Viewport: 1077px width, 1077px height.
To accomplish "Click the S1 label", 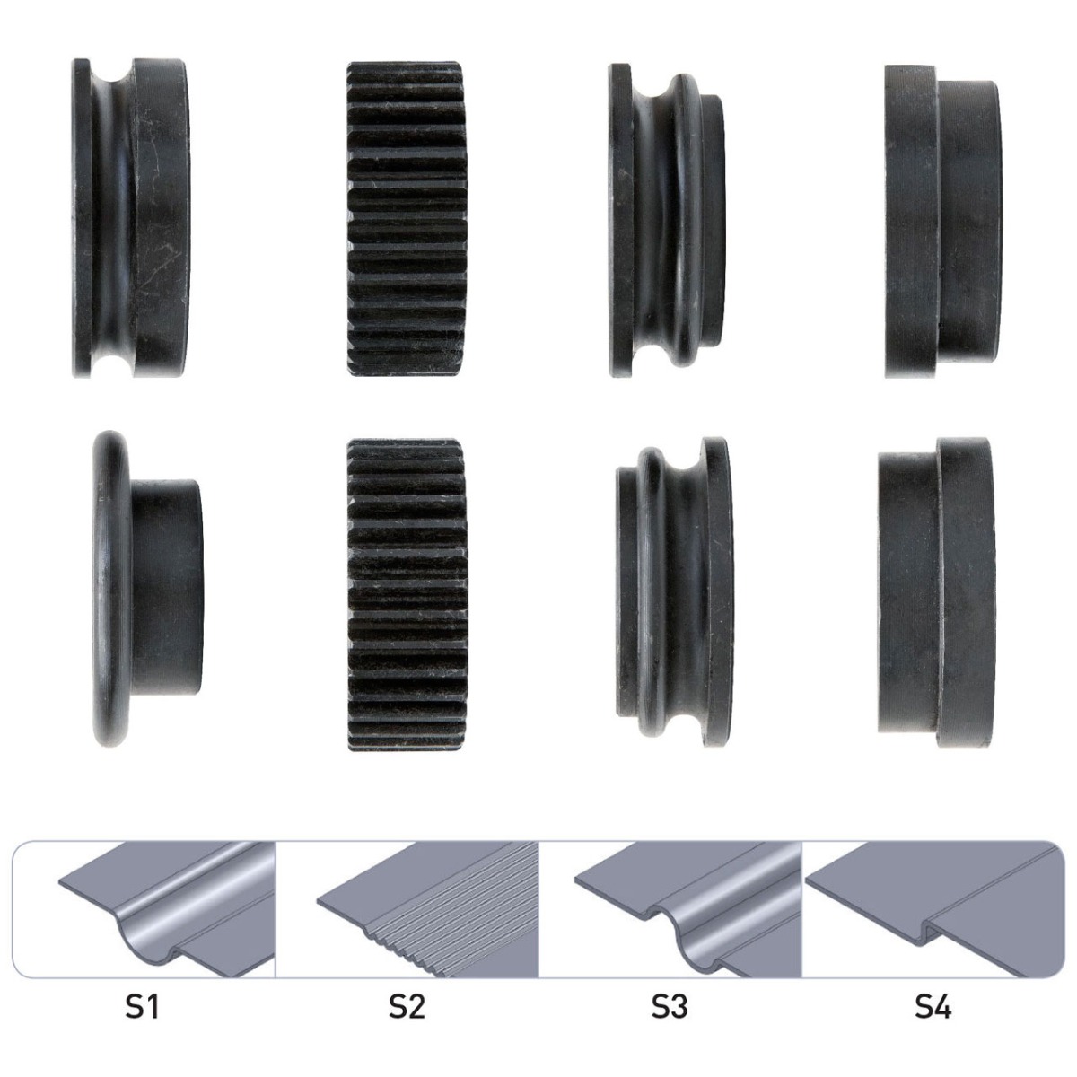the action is (x=142, y=1007).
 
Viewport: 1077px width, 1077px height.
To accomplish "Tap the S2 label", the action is (x=407, y=1007).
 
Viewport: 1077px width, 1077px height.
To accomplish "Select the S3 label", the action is (x=669, y=1007).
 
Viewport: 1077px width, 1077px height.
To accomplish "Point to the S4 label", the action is (x=933, y=1007).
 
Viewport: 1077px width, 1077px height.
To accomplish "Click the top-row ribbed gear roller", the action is (x=407, y=218).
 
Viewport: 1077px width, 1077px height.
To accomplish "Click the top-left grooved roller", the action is (x=131, y=218).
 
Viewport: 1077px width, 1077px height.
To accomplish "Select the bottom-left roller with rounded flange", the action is (x=148, y=589).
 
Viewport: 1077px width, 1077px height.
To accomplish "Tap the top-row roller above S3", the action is (x=668, y=220).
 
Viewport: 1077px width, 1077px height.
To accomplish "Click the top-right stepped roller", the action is (x=943, y=222).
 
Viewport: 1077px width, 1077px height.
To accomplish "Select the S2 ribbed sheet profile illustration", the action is (x=427, y=910).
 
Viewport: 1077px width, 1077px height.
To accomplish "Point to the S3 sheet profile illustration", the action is (x=688, y=910).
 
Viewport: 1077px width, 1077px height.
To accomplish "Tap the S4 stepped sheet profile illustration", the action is (x=933, y=910).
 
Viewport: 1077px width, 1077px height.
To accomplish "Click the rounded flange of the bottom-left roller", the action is (x=110, y=589).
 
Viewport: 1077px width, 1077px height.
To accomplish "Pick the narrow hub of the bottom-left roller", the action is (x=167, y=587).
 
